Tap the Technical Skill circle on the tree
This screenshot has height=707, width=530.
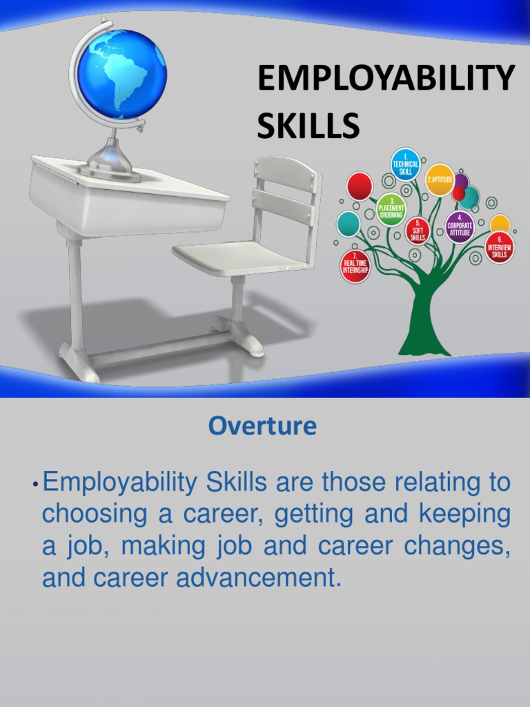click(x=405, y=164)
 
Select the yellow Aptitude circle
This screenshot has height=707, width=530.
click(x=440, y=180)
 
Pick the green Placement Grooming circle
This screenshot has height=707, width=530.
click(x=391, y=209)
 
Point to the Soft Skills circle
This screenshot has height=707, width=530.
click(x=418, y=231)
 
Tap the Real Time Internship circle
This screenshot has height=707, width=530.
click(x=355, y=266)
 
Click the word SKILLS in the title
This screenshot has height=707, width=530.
click(x=308, y=126)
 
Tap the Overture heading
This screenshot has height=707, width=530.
click(x=262, y=426)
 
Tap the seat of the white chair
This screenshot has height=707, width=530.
click(x=238, y=258)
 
